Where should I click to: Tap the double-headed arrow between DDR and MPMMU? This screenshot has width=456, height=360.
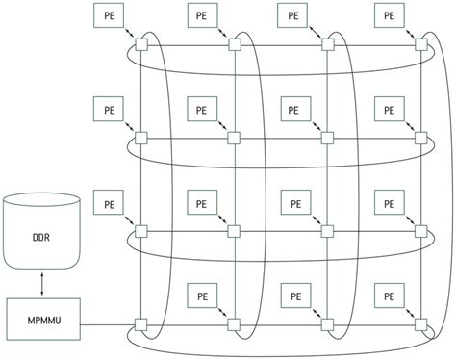41,282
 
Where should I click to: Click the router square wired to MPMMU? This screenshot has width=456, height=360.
140,322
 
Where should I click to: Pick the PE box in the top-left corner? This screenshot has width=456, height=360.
109,16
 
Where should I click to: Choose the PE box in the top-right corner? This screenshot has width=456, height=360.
388,16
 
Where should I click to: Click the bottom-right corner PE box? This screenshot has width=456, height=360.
388,295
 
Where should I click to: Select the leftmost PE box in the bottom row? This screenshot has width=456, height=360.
201,295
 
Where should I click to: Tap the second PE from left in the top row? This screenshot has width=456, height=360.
201,16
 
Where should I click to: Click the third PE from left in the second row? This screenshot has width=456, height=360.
295,109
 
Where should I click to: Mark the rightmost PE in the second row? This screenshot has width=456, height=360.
388,109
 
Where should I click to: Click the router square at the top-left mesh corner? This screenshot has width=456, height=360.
140,44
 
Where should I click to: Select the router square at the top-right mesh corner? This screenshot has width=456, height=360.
419,44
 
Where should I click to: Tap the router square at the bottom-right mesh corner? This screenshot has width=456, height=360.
419,322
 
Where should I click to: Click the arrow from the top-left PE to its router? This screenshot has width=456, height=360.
129,34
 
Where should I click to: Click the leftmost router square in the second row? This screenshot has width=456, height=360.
140,138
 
